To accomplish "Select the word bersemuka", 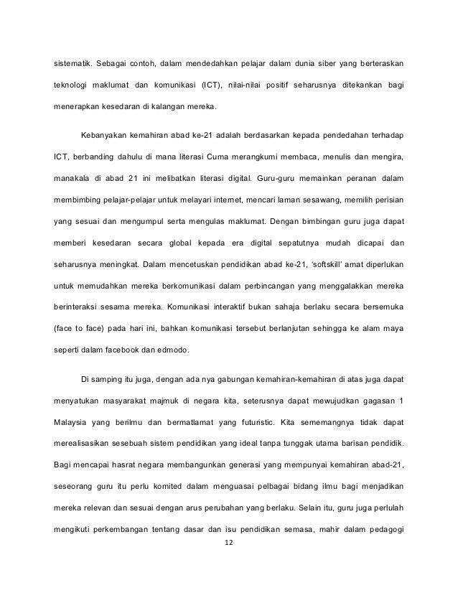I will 380,309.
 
